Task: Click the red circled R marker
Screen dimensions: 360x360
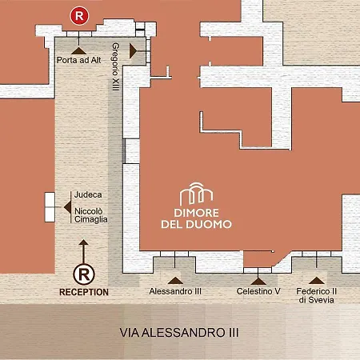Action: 79,16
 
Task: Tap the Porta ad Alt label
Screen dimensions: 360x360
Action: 79,60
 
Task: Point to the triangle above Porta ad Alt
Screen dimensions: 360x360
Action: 78,50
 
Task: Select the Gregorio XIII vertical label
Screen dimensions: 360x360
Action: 115,66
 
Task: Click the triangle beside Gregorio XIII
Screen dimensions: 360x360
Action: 133,51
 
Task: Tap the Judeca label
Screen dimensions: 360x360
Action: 88,194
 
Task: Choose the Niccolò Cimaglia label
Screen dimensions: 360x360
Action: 91,215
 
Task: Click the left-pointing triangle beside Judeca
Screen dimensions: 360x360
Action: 67,207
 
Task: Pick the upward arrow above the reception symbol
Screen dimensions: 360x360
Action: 84,251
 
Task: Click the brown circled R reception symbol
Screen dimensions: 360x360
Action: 84,274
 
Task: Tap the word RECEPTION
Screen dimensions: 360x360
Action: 84,292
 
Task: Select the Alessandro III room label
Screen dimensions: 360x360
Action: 175,291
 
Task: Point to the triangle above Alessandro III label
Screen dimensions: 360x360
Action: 175,280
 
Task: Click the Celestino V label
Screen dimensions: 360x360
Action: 258,291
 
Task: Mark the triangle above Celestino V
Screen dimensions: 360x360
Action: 258,282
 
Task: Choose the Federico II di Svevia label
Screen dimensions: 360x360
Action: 316,295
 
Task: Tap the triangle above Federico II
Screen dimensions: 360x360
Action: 317,280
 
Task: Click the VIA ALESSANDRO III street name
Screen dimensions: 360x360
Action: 179,333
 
